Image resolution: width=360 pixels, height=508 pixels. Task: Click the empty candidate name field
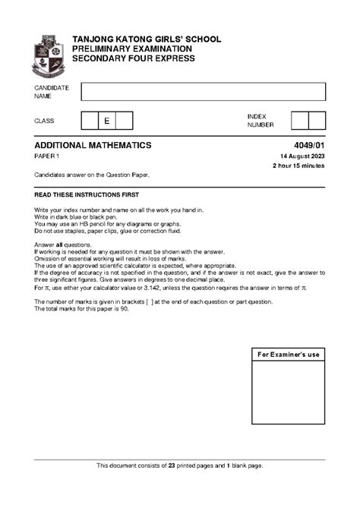tap(203, 92)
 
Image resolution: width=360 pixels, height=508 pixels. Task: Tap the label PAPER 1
tap(47, 156)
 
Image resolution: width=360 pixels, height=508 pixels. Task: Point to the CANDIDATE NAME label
tap(52, 92)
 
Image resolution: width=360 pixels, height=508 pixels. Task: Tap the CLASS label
tap(44, 121)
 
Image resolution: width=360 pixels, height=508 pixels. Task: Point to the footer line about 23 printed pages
tap(180, 465)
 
